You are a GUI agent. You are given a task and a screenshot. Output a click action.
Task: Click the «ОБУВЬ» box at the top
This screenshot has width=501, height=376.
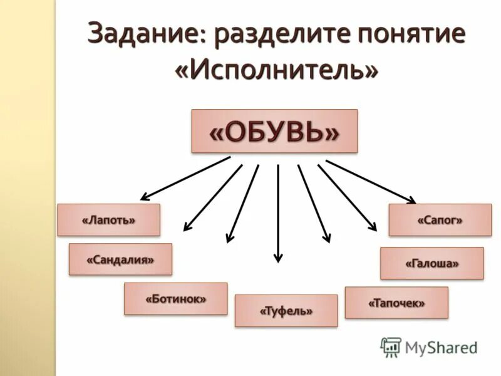(274, 131)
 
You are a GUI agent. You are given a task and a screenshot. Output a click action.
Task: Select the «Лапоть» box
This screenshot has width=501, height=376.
(109, 220)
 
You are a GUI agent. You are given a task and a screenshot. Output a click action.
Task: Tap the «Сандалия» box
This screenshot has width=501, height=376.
(120, 259)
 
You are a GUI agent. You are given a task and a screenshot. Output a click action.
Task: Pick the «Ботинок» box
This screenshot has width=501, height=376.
(175, 298)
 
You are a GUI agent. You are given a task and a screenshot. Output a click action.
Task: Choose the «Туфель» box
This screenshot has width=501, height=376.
(286, 311)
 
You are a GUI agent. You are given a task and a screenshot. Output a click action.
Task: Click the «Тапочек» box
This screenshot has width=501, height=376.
(396, 303)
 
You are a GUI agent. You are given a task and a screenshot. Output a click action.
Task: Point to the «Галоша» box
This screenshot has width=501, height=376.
(431, 263)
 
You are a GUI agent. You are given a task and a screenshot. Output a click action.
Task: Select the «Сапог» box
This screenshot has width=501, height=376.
(440, 220)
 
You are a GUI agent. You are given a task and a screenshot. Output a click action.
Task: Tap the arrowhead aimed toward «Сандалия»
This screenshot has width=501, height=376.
(187, 228)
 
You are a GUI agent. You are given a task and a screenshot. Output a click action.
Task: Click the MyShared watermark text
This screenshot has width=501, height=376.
(441, 347)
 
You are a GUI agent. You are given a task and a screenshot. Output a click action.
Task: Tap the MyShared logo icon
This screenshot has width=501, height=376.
(391, 347)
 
